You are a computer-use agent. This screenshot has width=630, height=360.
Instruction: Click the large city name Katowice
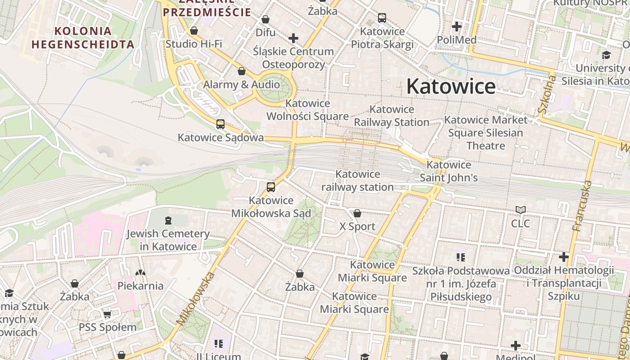point(451,86)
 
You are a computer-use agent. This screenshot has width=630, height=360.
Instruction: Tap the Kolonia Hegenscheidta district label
point(83,38)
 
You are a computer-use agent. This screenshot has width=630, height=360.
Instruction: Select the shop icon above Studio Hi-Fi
point(194,31)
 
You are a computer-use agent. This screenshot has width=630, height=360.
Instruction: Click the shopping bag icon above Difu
point(265,19)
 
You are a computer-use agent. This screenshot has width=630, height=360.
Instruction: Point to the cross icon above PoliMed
point(457,27)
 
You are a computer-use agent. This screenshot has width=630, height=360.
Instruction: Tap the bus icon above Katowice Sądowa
point(220,124)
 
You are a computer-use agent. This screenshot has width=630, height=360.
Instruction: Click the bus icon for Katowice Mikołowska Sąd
point(270,187)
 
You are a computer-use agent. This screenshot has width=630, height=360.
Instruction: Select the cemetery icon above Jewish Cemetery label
point(168,220)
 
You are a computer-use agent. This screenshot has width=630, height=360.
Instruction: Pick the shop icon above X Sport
point(357,213)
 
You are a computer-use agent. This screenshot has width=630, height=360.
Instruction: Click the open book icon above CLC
point(521,210)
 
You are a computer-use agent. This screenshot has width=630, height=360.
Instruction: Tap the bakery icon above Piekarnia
point(140,273)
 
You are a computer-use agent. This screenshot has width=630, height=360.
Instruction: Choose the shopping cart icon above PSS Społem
point(107,314)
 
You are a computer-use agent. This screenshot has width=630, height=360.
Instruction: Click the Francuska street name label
point(582,206)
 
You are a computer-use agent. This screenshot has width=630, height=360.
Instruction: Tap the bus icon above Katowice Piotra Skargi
point(382,18)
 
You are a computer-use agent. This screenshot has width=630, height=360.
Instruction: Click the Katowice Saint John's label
point(449,171)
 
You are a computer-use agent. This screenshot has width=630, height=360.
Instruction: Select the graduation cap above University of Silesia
point(606,55)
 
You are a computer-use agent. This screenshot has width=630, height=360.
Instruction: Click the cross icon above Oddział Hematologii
point(564,257)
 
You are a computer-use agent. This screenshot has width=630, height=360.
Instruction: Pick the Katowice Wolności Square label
point(307,110)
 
